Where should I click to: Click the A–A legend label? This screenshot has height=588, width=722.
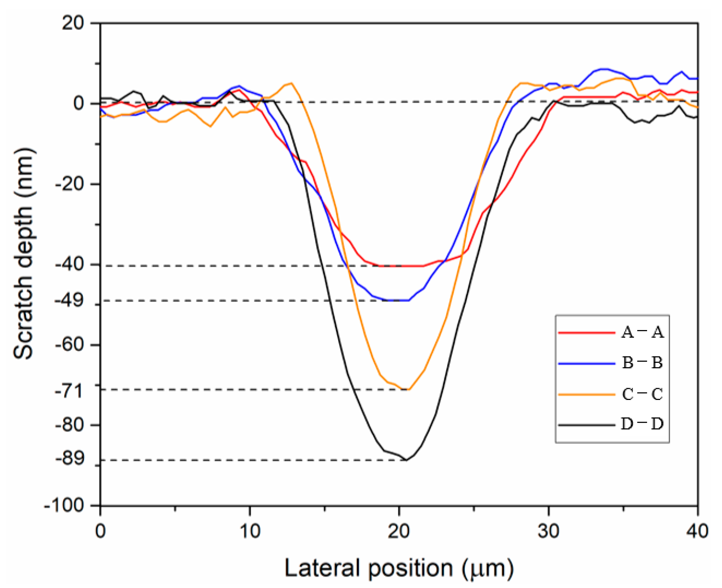(642, 332)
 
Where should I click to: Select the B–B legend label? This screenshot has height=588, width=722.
(642, 363)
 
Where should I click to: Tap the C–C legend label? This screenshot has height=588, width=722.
(642, 394)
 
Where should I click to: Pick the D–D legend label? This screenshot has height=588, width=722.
(642, 424)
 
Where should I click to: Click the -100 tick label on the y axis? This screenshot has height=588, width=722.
(64, 506)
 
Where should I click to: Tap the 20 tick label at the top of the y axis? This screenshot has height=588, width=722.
(73, 24)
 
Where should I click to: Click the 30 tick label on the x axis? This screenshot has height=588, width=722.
(548, 532)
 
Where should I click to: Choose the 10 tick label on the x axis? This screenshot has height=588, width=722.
(250, 532)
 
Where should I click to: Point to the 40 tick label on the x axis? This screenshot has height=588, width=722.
(697, 532)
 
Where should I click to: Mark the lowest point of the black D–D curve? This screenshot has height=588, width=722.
(406, 460)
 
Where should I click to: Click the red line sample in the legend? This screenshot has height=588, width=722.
(587, 333)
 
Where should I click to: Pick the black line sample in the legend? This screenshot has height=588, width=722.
(587, 425)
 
